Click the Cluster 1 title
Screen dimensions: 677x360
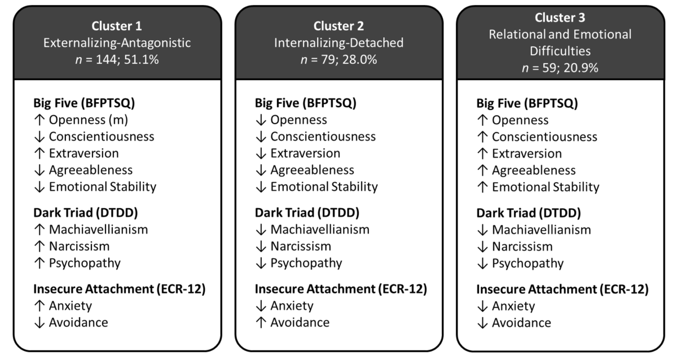tap(117, 26)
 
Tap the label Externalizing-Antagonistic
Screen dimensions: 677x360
tap(117, 42)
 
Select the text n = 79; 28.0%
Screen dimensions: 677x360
tap(339, 59)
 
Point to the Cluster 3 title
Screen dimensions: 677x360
tap(560, 17)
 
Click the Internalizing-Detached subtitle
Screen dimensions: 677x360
tap(339, 42)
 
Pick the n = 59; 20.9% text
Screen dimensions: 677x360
tap(560, 68)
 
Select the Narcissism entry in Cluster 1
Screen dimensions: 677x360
tap(79, 246)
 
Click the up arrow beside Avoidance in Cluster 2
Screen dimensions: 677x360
tap(261, 322)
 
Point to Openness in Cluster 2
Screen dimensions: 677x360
tap(298, 120)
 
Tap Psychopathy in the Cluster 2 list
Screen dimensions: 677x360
tap(306, 263)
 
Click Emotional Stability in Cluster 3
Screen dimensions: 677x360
tap(546, 187)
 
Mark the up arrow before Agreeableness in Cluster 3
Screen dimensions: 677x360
tap(482, 170)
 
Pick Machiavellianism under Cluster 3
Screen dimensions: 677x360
tap(542, 230)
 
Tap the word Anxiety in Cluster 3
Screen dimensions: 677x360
tap(513, 306)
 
